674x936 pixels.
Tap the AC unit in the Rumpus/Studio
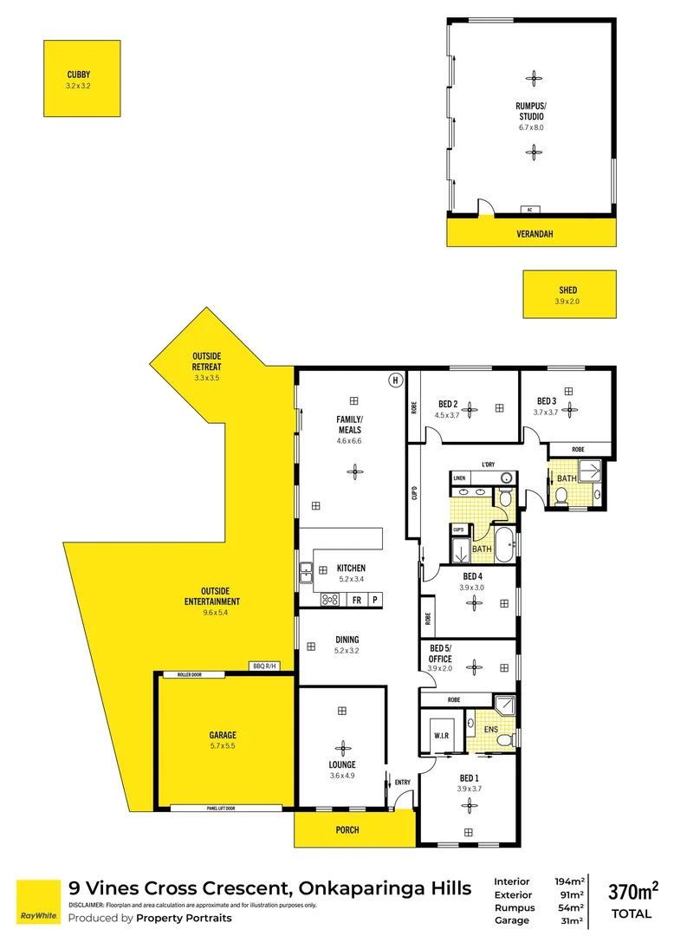pyautogui.click(x=528, y=210)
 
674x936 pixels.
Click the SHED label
pyautogui.click(x=567, y=290)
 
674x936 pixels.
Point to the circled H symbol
pyautogui.click(x=395, y=380)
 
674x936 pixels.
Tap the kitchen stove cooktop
pyautogui.click(x=330, y=599)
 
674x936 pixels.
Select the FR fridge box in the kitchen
pyautogui.click(x=356, y=599)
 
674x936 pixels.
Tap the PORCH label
pyautogui.click(x=347, y=829)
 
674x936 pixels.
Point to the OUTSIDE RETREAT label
pyautogui.click(x=207, y=361)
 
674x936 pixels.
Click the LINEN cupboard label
pyautogui.click(x=459, y=478)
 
